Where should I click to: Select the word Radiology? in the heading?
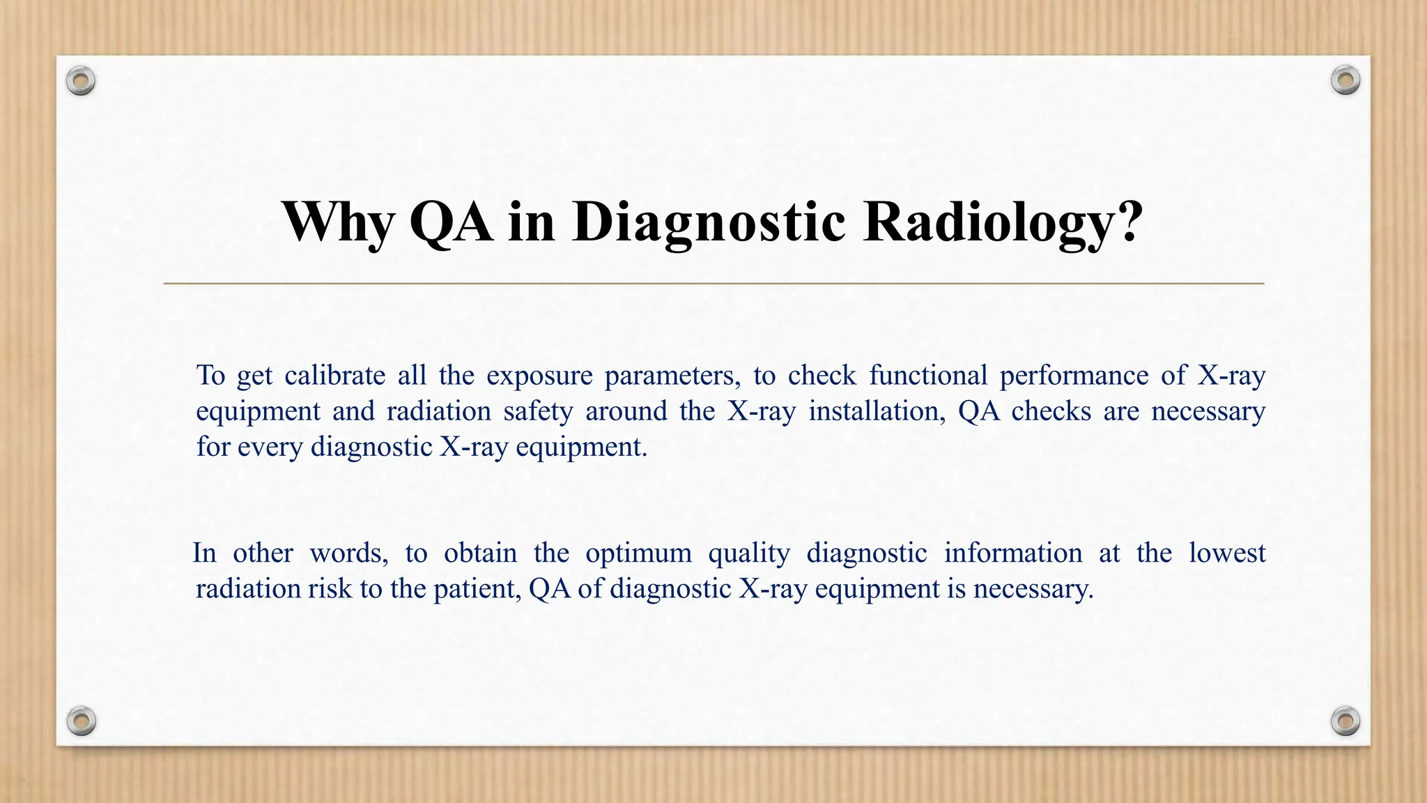(x=1003, y=222)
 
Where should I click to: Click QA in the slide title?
(x=450, y=222)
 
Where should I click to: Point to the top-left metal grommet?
(x=81, y=82)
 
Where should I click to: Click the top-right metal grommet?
(x=1345, y=81)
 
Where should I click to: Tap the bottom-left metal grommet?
(x=81, y=721)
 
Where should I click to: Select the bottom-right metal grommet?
(x=1345, y=721)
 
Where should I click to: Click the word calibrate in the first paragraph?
(x=334, y=376)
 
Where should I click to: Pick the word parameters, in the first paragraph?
(x=672, y=376)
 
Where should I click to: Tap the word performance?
(x=1074, y=376)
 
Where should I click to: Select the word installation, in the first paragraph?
(x=877, y=411)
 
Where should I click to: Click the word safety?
(x=538, y=411)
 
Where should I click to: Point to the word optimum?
(x=638, y=553)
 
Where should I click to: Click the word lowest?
(x=1226, y=553)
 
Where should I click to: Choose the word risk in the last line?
(x=330, y=589)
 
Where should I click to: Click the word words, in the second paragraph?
(x=348, y=553)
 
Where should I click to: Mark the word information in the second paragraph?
(x=1012, y=553)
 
